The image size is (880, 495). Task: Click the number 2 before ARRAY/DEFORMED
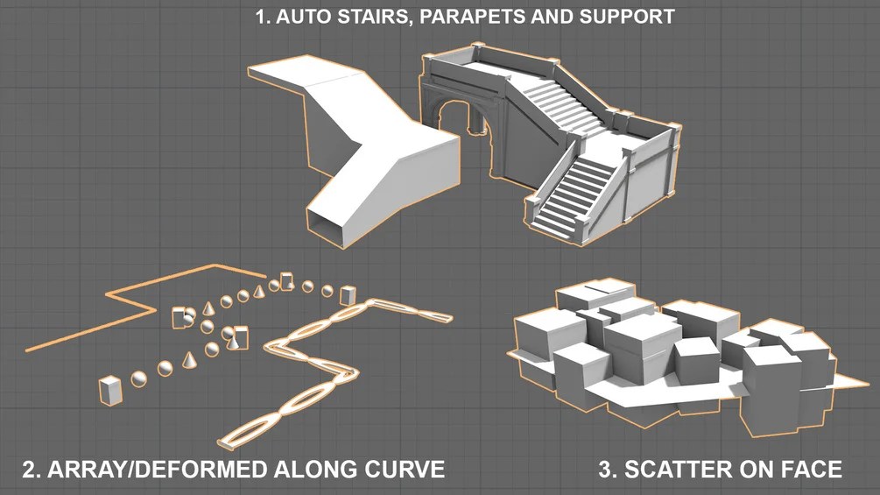point(31,469)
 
